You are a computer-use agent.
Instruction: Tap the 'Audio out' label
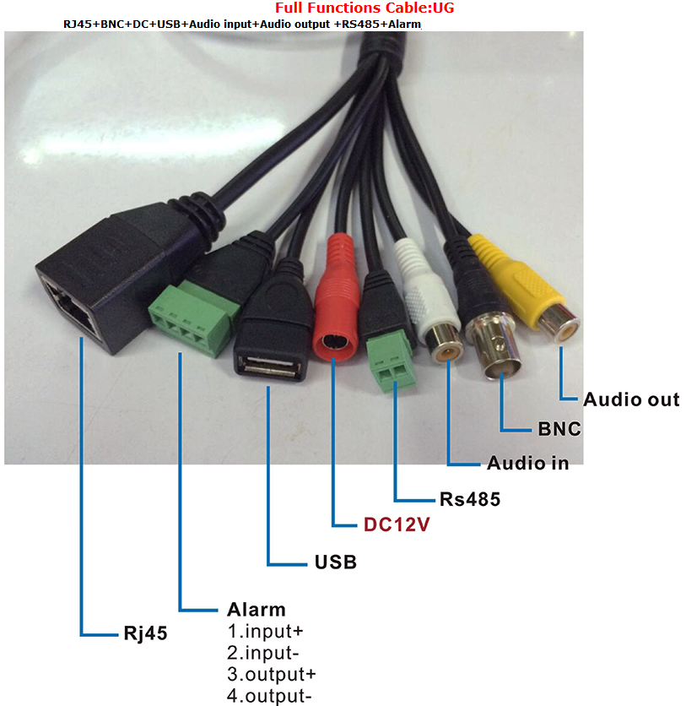click(x=630, y=399)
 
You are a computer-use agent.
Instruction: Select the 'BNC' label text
click(x=559, y=428)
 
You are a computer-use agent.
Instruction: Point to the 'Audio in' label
click(x=527, y=463)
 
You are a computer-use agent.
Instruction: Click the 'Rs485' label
click(x=469, y=499)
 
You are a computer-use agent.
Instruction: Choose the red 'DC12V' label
click(x=397, y=524)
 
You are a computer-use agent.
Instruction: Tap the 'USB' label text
click(x=335, y=562)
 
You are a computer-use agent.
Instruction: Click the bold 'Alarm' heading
click(x=257, y=609)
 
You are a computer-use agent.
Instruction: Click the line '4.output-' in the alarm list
click(x=269, y=696)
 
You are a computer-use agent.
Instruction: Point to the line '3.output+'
click(x=272, y=675)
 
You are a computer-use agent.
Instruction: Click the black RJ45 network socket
click(x=80, y=300)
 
